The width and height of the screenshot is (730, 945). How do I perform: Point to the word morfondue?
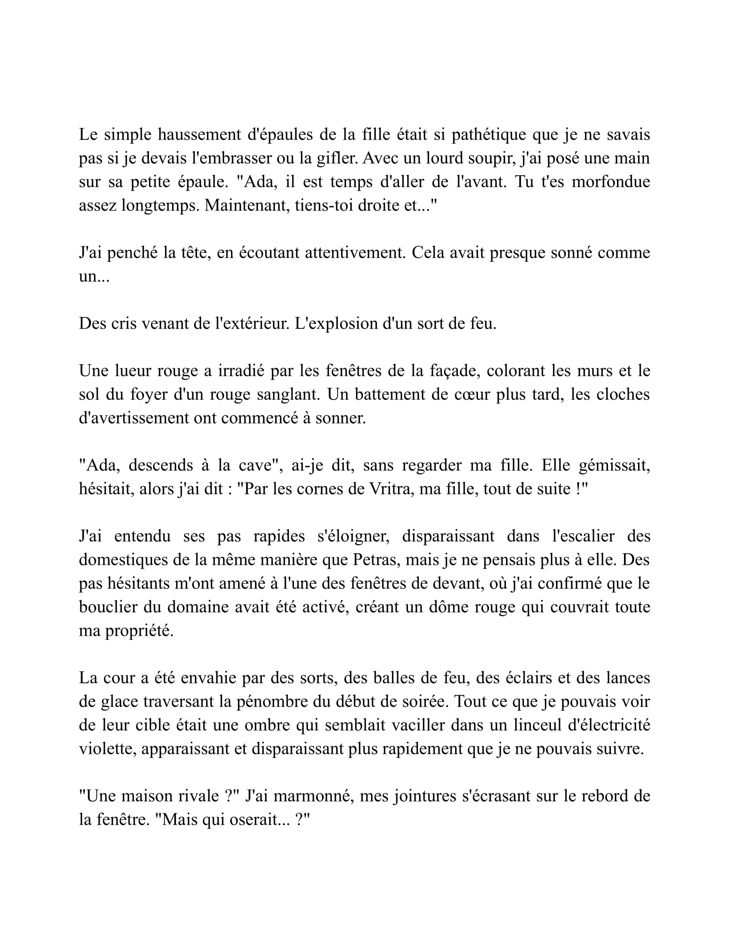[611, 182]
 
